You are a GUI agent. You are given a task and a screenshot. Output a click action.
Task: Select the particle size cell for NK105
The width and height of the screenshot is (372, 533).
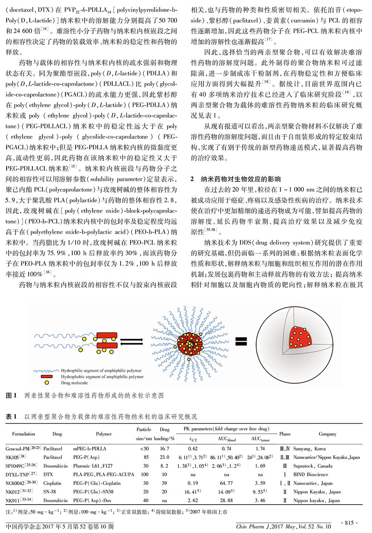146,457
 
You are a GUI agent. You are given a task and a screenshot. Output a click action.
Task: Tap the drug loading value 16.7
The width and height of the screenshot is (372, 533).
164,448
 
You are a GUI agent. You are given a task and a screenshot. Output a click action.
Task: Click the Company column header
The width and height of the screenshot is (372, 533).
327,434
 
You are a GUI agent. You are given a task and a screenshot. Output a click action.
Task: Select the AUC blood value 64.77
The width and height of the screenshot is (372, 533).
226,483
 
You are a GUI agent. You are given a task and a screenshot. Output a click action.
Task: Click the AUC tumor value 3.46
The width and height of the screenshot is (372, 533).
260,500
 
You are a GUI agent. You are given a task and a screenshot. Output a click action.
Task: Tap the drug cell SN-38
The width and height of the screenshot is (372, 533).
49,492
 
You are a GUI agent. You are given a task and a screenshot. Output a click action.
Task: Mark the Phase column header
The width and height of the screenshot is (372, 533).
285,434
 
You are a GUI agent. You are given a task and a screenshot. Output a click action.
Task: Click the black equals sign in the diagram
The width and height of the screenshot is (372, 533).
241,341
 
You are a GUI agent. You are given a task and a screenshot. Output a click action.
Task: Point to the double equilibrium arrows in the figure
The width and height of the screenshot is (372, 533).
131,341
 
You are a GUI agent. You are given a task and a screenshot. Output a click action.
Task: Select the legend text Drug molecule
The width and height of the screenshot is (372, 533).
74,383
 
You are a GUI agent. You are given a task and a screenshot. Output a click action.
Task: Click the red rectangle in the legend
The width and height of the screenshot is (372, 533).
46,377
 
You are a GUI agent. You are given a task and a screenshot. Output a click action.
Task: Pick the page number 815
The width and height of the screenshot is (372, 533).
349,523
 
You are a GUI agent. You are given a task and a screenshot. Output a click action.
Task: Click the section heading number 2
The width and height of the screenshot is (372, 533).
192,179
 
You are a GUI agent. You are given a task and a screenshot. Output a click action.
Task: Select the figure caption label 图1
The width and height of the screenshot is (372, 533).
11,395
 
